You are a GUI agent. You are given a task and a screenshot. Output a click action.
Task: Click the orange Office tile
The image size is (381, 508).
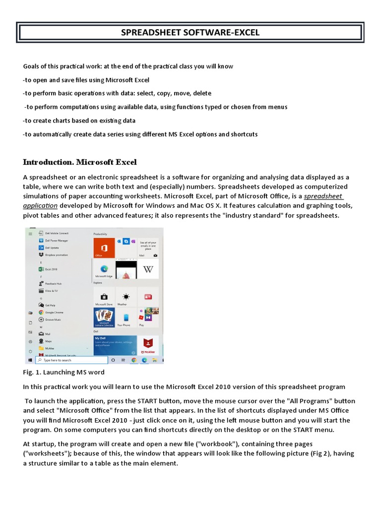pyautogui.click(x=104, y=248)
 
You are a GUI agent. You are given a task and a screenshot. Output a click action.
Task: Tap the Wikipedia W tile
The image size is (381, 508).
pyautogui.click(x=148, y=269)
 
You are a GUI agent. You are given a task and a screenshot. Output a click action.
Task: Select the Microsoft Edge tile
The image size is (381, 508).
pyautogui.click(x=104, y=269)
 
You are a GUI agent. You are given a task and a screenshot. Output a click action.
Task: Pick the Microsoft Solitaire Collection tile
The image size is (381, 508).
pyautogui.click(x=104, y=317)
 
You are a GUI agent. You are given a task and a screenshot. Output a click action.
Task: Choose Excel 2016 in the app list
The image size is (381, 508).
pyautogui.click(x=51, y=269)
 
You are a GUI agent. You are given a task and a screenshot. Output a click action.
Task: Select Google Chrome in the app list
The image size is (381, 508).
pyautogui.click(x=54, y=313)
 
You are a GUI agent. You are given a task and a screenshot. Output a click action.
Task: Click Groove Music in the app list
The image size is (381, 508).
pyautogui.click(x=53, y=319)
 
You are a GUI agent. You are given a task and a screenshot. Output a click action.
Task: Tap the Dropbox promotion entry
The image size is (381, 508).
pyautogui.click(x=56, y=254)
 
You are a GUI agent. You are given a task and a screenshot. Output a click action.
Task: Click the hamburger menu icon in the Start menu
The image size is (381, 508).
pyautogui.click(x=30, y=233)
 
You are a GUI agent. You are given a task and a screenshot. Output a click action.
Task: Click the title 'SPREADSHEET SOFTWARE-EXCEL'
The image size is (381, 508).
pyautogui.click(x=190, y=33)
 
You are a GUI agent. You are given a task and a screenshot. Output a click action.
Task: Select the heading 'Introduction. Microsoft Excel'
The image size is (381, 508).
pyautogui.click(x=80, y=162)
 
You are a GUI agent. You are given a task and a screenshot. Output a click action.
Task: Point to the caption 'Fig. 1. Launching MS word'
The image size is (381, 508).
pyautogui.click(x=64, y=372)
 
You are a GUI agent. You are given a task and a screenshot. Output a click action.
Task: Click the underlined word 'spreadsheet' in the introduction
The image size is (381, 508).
pyautogui.click(x=323, y=196)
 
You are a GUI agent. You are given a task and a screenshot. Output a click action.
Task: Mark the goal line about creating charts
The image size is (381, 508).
pyautogui.click(x=79, y=121)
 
